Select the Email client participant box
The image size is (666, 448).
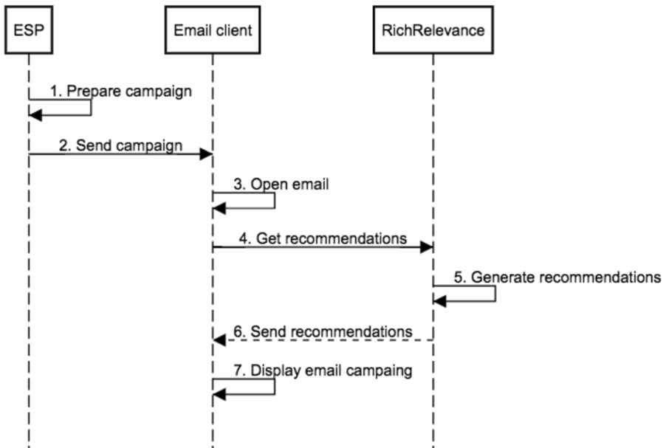click(x=213, y=30)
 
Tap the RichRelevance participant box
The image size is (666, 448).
click(x=433, y=30)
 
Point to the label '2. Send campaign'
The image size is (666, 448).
click(x=120, y=145)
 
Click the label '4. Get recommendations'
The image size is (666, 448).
click(x=323, y=238)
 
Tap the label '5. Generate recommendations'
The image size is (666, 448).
click(x=557, y=278)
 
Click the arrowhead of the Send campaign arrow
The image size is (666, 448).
click(x=207, y=154)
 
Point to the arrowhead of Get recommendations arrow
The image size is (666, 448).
click(x=426, y=248)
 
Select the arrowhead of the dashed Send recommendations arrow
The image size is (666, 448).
click(x=219, y=340)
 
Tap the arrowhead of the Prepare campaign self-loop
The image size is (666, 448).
click(x=35, y=114)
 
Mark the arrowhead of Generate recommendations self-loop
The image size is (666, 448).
click(x=439, y=301)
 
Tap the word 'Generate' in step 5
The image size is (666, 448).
click(x=495, y=278)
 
